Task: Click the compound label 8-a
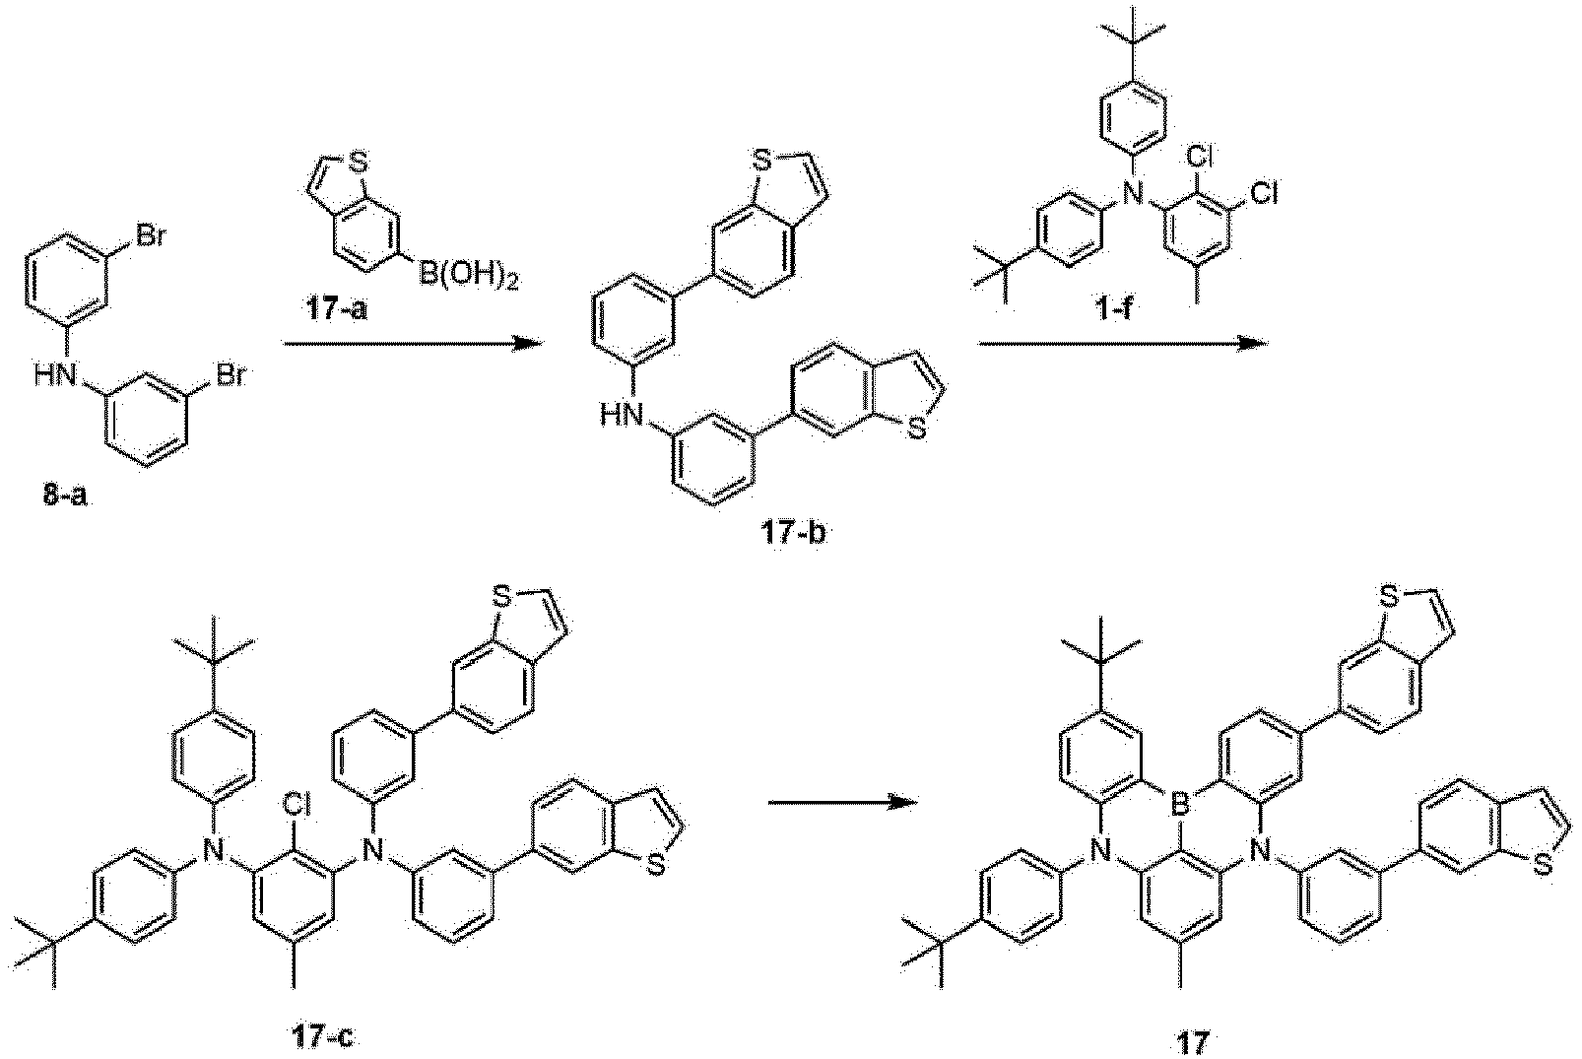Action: (66, 496)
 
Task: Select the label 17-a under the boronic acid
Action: (336, 308)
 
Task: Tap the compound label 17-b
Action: (792, 535)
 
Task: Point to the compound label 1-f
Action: (1113, 308)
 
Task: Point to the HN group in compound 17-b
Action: (623, 414)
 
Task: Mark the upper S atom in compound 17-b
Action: (760, 164)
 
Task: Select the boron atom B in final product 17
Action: (1177, 803)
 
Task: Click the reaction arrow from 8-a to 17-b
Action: (413, 344)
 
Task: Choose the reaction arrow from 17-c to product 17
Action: (843, 803)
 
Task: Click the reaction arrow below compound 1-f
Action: (1122, 344)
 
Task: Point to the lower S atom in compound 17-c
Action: (657, 867)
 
